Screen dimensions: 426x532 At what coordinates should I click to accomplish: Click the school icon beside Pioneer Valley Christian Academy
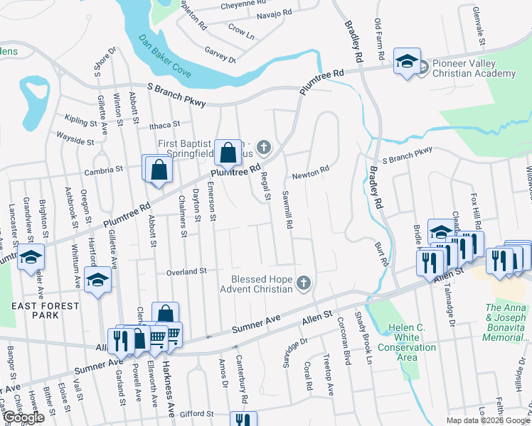point(408,60)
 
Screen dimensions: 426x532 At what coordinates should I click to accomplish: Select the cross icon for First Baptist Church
point(264,148)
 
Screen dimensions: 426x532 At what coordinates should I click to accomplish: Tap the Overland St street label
point(186,271)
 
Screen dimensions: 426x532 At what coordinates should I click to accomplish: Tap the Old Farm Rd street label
point(379,39)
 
